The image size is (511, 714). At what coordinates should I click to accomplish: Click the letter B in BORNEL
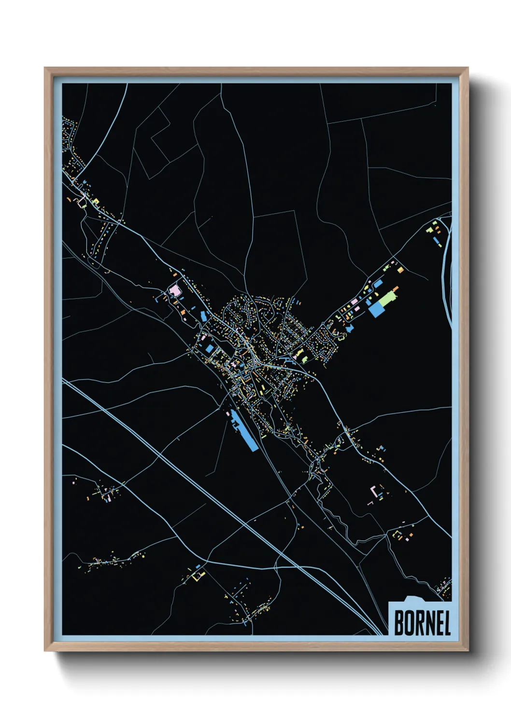click(x=399, y=623)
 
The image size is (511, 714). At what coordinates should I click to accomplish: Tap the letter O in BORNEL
click(x=410, y=623)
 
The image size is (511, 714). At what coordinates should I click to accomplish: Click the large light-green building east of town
click(x=386, y=300)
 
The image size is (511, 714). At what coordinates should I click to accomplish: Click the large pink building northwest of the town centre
click(x=174, y=290)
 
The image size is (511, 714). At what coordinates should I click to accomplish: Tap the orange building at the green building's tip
click(x=396, y=289)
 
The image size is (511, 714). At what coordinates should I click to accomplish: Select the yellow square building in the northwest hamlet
click(x=96, y=201)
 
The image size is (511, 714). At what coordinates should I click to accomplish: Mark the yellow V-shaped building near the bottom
click(x=198, y=575)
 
